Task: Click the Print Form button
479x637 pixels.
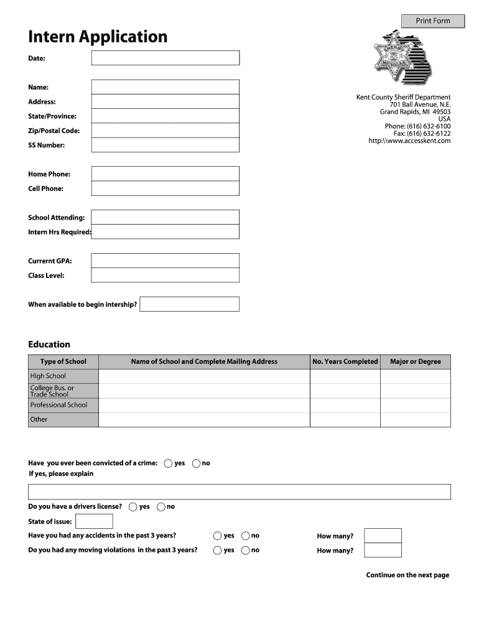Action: [432, 21]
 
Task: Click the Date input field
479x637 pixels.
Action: [165, 58]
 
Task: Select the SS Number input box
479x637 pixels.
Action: [165, 145]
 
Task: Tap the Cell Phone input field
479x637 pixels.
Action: [165, 188]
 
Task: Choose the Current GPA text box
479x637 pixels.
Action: [165, 261]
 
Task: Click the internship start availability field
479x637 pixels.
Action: [189, 304]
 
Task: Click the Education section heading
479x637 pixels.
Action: [49, 345]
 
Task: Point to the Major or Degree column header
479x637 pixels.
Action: [415, 361]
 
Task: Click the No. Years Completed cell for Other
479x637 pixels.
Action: [345, 419]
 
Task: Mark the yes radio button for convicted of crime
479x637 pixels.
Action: [169, 463]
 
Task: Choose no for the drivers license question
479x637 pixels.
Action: [161, 507]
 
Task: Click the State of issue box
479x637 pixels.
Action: [94, 521]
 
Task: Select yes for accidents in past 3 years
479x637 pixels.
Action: [217, 536]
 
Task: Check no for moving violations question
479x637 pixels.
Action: [246, 550]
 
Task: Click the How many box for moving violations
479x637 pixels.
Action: [383, 551]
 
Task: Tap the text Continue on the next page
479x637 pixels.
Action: [407, 575]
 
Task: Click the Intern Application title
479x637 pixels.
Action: [98, 37]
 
